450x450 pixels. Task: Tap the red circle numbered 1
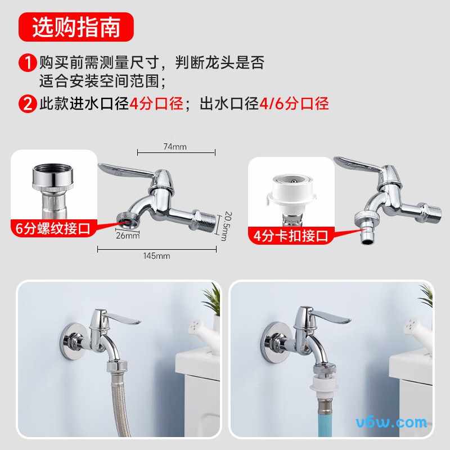pos(28,62)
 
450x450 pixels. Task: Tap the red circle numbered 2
pos(28,104)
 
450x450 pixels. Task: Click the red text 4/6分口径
pos(294,104)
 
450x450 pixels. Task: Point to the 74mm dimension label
pos(175,147)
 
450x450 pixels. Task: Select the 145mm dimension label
pos(156,255)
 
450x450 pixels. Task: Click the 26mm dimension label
pos(128,235)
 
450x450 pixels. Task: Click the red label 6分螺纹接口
pos(54,229)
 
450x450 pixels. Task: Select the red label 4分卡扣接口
pos(290,236)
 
